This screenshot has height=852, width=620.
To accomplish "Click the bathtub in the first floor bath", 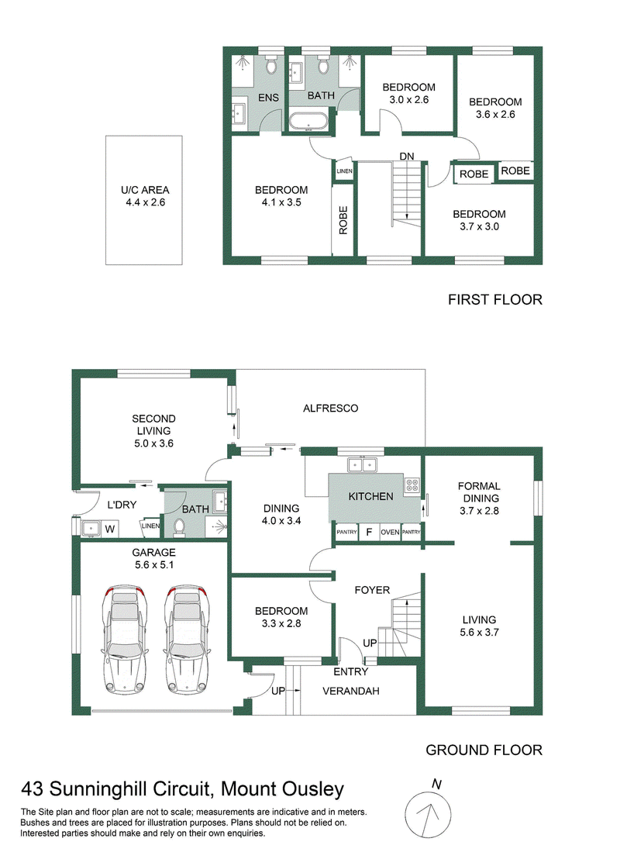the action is [x=308, y=121].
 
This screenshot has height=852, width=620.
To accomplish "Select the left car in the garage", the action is [x=125, y=641].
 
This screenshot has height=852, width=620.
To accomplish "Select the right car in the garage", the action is [x=188, y=641].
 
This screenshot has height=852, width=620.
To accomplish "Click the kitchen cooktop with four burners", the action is [x=412, y=485].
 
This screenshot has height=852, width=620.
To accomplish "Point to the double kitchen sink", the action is [x=363, y=465].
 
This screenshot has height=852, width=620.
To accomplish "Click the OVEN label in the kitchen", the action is [x=390, y=533].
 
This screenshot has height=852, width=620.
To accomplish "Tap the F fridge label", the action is [x=369, y=533].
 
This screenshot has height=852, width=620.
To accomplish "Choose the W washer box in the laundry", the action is [x=110, y=529].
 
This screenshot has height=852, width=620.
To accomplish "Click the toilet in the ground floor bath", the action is [x=179, y=526].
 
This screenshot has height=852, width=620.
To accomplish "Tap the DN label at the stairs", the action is [x=406, y=157].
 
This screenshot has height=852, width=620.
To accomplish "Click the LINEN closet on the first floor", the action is [x=345, y=171].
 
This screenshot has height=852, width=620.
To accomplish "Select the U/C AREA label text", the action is [x=145, y=190].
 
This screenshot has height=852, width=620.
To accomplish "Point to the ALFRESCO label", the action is [x=330, y=408].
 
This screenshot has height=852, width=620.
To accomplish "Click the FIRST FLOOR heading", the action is [x=495, y=300].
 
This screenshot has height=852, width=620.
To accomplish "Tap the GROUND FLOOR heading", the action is [x=484, y=750].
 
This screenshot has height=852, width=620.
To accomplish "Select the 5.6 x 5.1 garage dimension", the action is [x=153, y=565].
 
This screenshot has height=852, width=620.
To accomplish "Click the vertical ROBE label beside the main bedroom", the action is [x=343, y=220].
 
